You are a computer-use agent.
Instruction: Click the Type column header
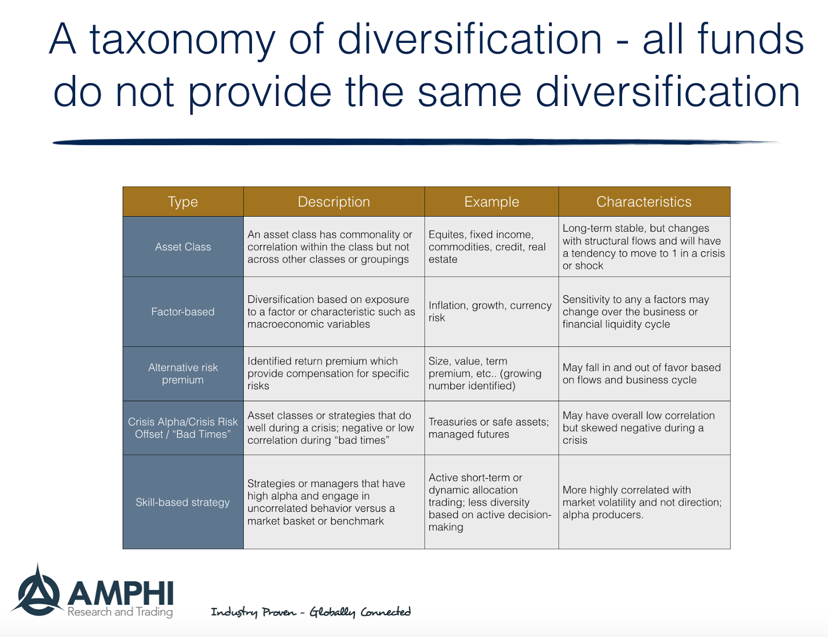[183, 202]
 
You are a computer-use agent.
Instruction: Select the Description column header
[334, 202]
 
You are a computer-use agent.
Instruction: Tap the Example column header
[491, 202]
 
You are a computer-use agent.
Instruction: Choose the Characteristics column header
[644, 202]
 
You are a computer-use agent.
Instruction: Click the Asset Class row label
[183, 247]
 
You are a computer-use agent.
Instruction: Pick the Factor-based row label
[183, 312]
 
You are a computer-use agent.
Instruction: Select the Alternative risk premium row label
[183, 373]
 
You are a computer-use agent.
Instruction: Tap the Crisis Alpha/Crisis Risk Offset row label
[183, 428]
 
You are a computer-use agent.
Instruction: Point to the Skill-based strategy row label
[183, 502]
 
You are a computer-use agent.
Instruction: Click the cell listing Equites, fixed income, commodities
[487, 247]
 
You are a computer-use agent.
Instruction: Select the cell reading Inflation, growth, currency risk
[490, 311]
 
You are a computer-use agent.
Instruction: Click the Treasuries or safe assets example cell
[488, 428]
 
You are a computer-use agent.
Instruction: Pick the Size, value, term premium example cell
[484, 373]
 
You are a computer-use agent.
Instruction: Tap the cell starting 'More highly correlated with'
[642, 502]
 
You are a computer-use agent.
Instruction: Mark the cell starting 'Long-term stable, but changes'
[643, 247]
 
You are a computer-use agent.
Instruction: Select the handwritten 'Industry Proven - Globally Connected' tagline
[310, 612]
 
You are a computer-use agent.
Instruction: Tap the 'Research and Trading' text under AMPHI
[120, 612]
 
